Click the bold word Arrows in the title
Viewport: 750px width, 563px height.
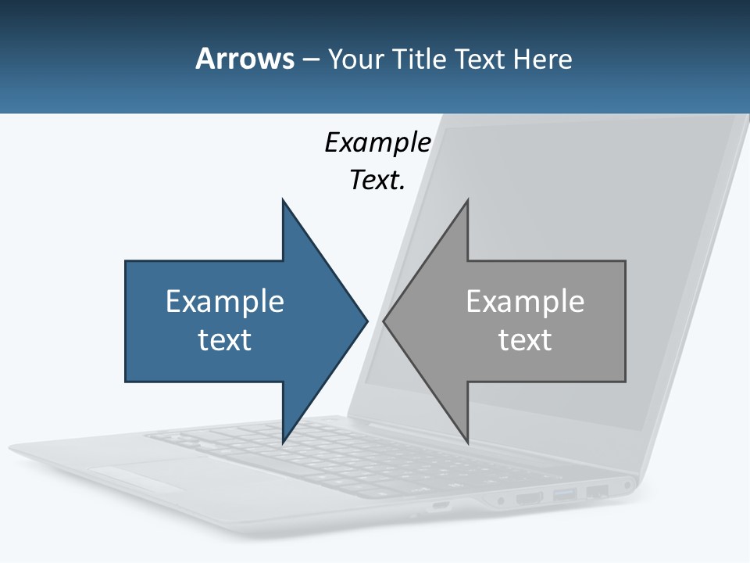[x=244, y=59]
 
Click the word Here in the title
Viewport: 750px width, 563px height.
[x=542, y=59]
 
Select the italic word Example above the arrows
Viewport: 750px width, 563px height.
[x=377, y=142]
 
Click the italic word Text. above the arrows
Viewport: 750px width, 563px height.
[x=377, y=180]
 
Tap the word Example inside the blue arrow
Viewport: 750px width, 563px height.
[x=225, y=301]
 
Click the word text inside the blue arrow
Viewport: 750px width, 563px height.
[x=225, y=339]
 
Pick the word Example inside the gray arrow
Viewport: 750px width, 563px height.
[x=525, y=301]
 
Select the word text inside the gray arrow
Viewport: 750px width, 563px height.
[x=525, y=339]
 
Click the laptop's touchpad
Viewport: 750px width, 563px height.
[x=141, y=473]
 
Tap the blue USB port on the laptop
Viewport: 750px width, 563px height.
[x=565, y=494]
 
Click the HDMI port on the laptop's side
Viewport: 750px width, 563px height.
[x=530, y=497]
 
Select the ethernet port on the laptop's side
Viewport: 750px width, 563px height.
[x=598, y=492]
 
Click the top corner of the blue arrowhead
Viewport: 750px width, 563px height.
[x=283, y=201]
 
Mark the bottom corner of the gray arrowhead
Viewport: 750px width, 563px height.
[x=467, y=442]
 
